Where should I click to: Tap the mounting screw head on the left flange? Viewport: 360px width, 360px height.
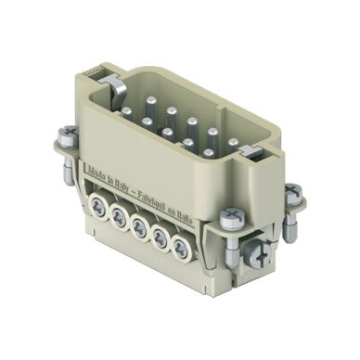67,133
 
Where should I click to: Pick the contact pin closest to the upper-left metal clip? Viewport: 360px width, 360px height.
127,111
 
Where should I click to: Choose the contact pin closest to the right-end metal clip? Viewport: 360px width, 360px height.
233,142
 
